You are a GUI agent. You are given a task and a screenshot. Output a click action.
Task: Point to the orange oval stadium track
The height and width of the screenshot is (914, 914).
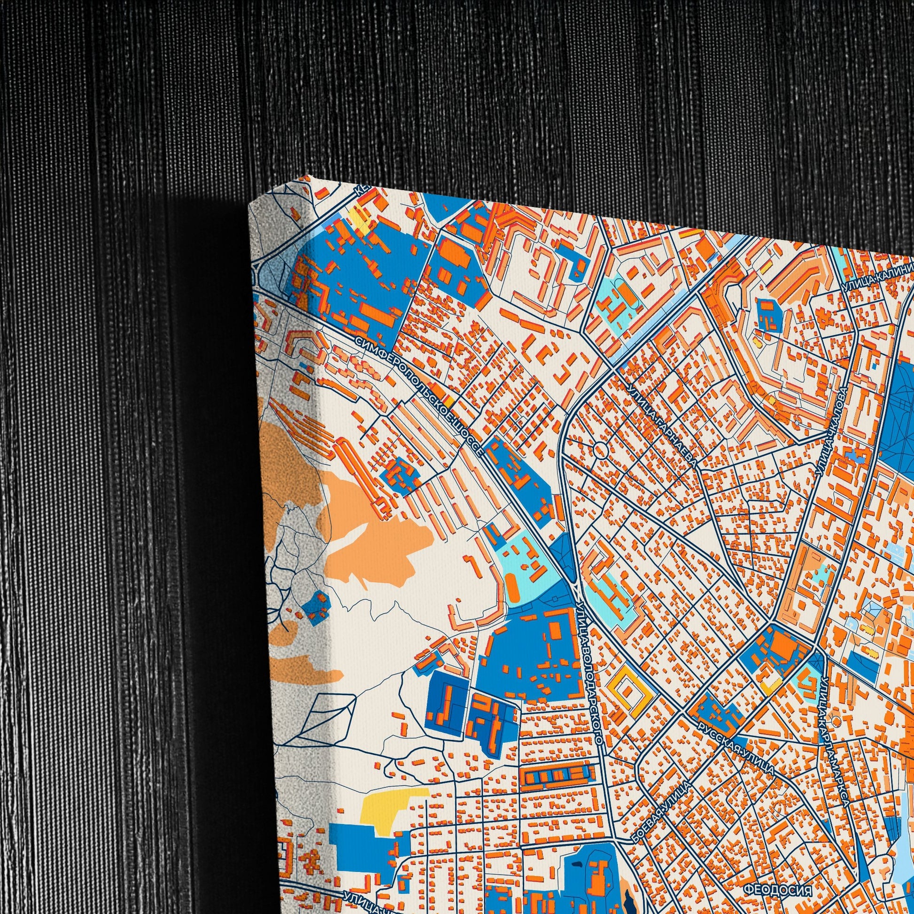[512, 587]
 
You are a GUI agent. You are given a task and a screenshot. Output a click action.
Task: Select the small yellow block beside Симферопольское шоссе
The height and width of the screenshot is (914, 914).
[448, 401]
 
